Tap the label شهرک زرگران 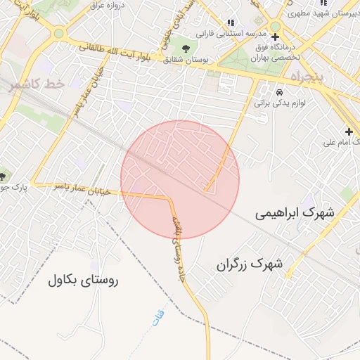click(x=250, y=265)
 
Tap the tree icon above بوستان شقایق click(x=186, y=48)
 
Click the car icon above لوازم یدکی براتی click(x=280, y=92)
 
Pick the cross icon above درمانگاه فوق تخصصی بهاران click(x=275, y=37)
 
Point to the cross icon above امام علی click(x=349, y=131)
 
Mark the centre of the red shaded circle click(x=180, y=180)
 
